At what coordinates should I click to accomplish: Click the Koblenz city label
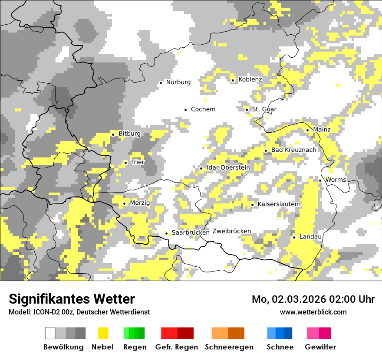point(250,79)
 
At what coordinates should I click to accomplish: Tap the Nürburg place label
point(178,82)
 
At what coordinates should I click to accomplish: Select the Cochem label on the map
point(203,109)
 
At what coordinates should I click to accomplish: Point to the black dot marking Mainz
point(307,130)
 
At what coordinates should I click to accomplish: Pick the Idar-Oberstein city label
point(228,167)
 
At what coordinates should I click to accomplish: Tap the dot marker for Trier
point(125,163)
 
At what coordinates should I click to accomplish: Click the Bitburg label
point(129,134)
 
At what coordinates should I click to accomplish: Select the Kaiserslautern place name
point(279,204)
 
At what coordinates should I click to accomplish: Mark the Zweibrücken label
point(232,231)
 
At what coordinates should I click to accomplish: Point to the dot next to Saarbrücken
point(166,233)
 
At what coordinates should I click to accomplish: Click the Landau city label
point(310,236)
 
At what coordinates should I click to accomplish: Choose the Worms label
point(336,180)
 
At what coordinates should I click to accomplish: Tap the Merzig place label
point(140,203)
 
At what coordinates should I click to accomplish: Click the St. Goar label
point(264,109)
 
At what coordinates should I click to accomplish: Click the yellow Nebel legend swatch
point(103,333)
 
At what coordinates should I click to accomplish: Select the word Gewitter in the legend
point(320,347)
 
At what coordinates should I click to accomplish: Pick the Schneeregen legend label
point(229,347)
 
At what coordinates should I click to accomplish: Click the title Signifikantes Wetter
point(72,299)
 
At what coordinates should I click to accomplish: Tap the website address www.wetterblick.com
point(313,312)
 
